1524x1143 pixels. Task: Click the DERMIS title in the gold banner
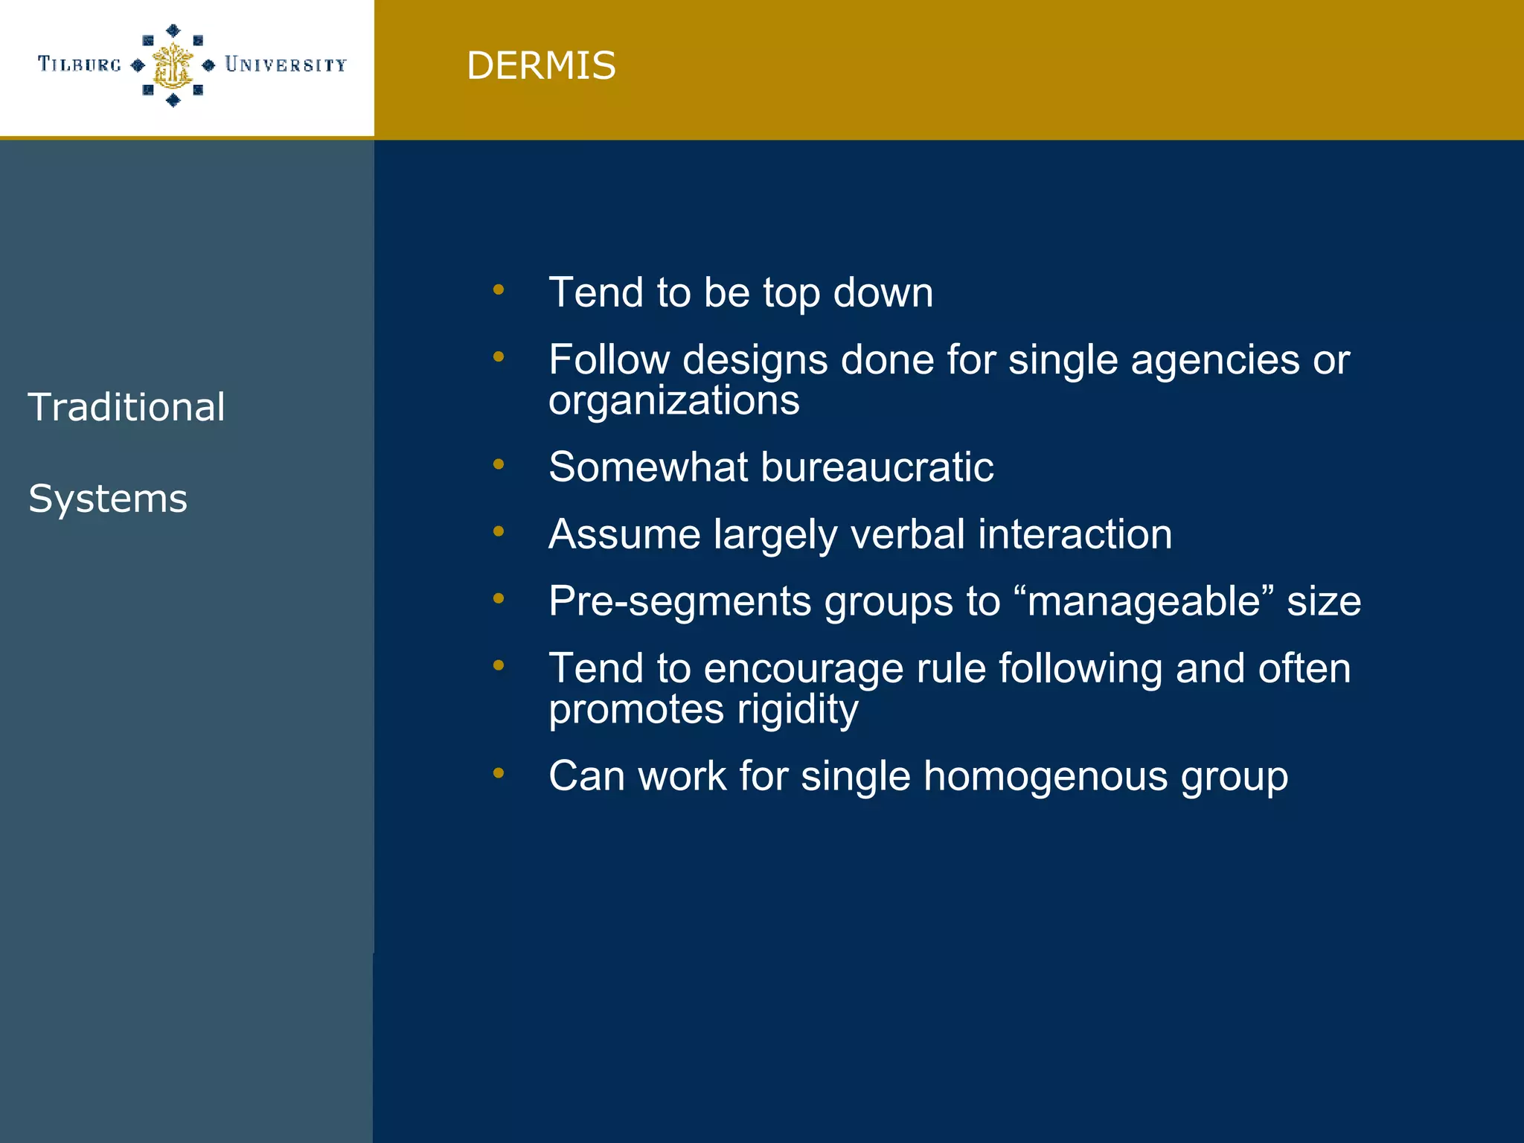(541, 65)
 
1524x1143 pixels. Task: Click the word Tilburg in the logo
(80, 65)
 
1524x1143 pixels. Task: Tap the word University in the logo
(286, 65)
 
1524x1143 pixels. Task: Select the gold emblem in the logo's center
(173, 65)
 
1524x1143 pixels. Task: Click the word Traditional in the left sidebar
(127, 407)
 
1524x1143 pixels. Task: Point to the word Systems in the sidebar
(108, 499)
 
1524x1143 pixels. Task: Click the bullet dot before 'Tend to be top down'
(499, 289)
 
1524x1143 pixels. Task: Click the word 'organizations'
(674, 400)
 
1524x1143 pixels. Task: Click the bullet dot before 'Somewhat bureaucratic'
(499, 464)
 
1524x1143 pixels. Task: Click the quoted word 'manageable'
(1143, 601)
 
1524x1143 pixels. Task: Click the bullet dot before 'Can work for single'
(499, 773)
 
